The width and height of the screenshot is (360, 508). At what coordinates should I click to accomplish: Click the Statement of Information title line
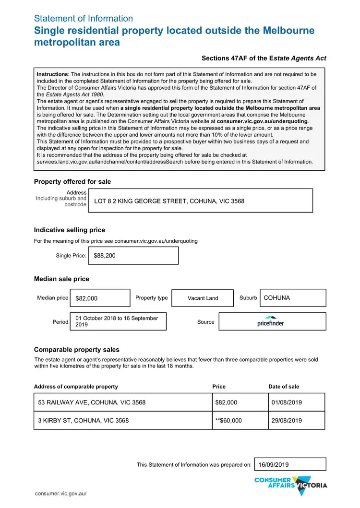(x=83, y=19)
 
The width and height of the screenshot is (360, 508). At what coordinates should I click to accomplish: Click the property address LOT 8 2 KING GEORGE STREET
(x=169, y=201)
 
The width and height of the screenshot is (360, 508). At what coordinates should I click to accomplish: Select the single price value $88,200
(x=105, y=256)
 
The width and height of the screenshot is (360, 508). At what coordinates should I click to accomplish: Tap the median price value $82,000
(x=86, y=298)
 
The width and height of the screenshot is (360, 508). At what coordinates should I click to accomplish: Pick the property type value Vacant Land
(x=203, y=298)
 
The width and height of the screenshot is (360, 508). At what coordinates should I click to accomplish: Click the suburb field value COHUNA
(x=277, y=298)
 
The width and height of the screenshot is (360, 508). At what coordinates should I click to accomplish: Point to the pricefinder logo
(x=270, y=321)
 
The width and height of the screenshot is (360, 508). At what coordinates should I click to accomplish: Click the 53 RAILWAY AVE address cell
(x=92, y=402)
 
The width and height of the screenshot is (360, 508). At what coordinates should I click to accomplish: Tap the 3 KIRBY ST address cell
(x=83, y=421)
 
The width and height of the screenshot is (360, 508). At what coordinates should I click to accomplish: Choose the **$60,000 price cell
(x=228, y=421)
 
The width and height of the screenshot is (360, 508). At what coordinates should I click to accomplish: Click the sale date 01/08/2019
(x=287, y=402)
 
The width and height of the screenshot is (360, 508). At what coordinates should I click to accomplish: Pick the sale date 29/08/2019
(x=287, y=421)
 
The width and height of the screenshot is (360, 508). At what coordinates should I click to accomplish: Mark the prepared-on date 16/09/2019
(x=274, y=464)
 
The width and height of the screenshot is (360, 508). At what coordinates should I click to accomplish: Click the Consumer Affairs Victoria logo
(x=290, y=485)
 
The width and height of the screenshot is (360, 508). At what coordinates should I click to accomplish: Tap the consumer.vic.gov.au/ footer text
(x=60, y=494)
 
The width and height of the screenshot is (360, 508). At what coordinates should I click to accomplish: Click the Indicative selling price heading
(x=69, y=230)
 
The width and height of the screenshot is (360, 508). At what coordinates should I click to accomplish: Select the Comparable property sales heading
(x=76, y=350)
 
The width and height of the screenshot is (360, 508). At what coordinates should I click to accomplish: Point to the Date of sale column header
(x=283, y=387)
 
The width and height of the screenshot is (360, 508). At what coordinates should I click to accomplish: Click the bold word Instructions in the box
(x=52, y=74)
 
